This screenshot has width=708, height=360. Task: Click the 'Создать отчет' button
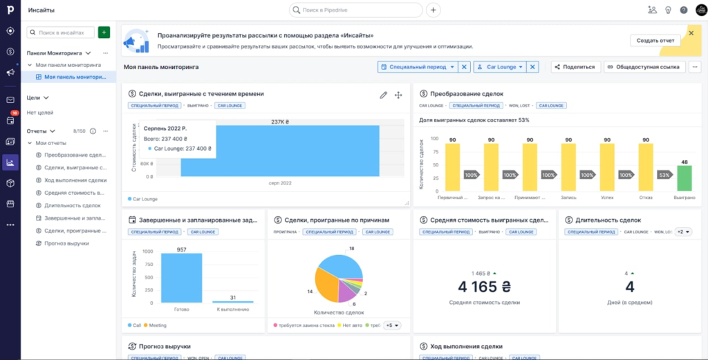[655, 40]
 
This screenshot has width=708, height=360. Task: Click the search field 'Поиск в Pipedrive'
[356, 10]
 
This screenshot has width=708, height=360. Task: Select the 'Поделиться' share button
[574, 67]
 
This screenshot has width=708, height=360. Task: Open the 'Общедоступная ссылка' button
[644, 67]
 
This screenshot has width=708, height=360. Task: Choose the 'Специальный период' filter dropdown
[417, 67]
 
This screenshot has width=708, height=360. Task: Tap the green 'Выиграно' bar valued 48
[684, 178]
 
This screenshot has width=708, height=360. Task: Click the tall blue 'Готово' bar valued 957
[181, 278]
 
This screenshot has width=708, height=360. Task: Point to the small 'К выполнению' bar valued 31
[232, 301]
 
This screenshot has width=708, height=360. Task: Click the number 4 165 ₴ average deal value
[483, 287]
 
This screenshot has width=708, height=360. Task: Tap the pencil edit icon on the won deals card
[384, 95]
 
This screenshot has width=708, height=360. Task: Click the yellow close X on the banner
[691, 32]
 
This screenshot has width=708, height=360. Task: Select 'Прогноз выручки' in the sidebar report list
[66, 243]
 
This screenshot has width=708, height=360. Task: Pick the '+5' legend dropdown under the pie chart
[391, 325]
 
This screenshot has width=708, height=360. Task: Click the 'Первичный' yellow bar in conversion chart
[453, 167]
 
